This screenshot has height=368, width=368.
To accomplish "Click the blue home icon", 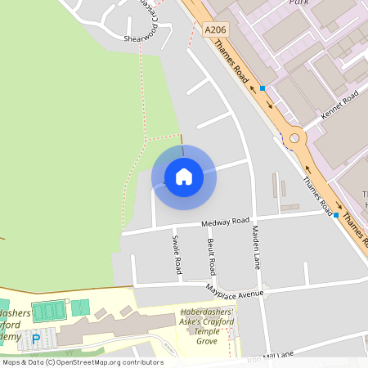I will (x=183, y=177).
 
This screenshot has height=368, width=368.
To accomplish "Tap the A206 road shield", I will (x=215, y=29).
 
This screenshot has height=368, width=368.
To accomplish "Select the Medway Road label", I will (x=227, y=221).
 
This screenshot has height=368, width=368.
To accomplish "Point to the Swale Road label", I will (x=175, y=254).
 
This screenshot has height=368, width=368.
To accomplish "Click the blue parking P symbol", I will (x=35, y=338).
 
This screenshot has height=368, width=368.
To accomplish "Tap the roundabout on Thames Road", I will (x=294, y=138).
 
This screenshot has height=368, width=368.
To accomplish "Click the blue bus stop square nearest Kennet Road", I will (x=263, y=88).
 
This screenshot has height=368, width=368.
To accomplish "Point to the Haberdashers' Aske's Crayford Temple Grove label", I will (x=207, y=325).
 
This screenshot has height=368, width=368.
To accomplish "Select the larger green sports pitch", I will (x=48, y=311).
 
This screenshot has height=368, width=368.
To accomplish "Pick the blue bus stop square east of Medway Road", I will (x=336, y=215).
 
